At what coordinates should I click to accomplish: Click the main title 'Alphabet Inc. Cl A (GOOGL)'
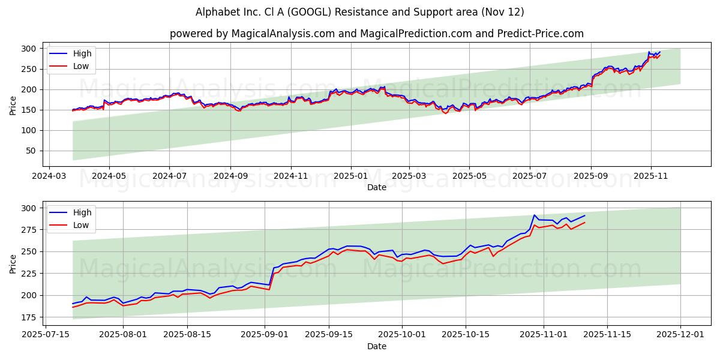360,12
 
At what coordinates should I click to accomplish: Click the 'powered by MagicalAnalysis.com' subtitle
376,34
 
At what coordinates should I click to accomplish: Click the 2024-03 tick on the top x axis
49,176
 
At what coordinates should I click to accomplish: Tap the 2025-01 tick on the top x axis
350,176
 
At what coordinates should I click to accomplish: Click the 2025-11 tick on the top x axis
651,176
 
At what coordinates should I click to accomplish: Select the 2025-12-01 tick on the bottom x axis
680,335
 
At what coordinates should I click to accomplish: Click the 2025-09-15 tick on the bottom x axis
329,335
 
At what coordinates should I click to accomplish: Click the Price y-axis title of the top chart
13,104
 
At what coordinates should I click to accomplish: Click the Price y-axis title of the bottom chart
13,263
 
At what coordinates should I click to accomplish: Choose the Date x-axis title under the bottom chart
376,346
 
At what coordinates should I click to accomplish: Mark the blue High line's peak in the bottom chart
534,215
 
